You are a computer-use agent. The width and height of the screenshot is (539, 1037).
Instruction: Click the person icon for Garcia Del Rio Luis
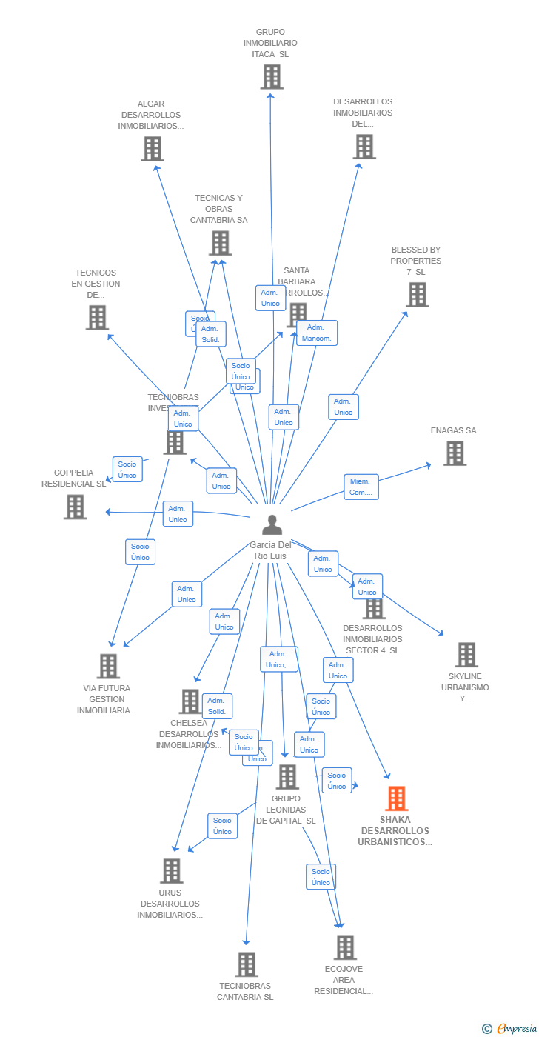point(272,525)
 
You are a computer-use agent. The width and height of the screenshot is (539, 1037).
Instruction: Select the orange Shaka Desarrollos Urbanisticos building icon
point(396,799)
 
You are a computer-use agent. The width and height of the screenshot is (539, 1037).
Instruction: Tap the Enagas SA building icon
point(455,453)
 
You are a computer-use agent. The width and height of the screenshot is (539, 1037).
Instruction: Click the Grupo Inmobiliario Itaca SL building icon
point(272,76)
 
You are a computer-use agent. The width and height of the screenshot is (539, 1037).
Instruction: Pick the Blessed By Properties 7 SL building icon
point(417,295)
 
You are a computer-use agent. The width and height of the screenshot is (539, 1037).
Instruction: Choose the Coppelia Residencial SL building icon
point(75,507)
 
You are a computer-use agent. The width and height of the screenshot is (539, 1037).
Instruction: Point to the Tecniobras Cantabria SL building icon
point(247,964)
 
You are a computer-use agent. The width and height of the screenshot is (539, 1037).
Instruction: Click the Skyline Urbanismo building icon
point(466,655)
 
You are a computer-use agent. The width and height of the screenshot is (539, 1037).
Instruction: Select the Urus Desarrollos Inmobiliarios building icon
point(171,871)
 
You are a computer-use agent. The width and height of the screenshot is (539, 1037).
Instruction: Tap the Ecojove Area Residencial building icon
point(344,947)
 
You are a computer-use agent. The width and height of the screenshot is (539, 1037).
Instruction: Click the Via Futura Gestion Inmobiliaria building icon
point(108,667)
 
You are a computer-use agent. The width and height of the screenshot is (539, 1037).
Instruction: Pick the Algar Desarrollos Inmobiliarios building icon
point(152,149)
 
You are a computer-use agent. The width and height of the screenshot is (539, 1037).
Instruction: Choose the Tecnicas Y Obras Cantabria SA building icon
point(220,243)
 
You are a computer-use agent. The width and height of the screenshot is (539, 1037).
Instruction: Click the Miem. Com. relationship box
point(361,487)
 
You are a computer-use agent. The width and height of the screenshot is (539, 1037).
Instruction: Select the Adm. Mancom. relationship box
point(317,333)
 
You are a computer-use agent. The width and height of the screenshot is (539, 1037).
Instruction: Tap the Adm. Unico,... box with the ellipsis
point(279,659)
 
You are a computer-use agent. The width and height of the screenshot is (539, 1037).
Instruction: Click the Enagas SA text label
point(453,430)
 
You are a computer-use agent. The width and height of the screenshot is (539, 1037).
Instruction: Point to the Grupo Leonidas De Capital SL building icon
point(287,777)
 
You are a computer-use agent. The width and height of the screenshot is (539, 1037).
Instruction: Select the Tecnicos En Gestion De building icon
point(97,318)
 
